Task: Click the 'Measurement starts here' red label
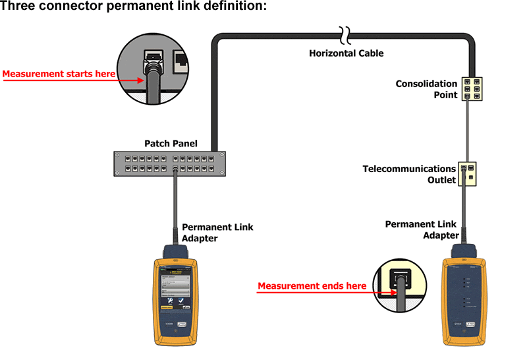point(59,75)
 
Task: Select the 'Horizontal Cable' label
point(346,53)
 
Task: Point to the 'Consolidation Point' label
point(426,89)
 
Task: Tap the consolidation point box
point(472,88)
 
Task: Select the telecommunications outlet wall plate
point(467,173)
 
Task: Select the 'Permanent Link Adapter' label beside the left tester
point(217,233)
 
